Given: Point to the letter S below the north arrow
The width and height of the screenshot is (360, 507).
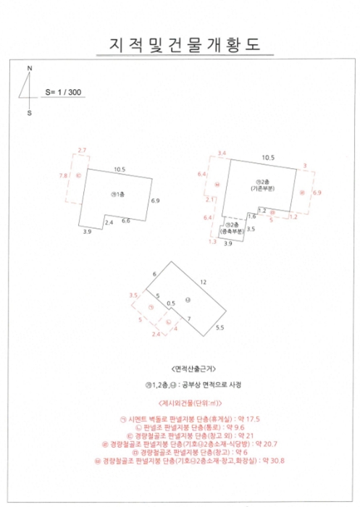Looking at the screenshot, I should point(29,113).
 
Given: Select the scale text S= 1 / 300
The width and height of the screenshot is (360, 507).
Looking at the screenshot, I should point(62,92).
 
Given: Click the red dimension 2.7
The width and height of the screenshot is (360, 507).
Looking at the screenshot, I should point(81,150).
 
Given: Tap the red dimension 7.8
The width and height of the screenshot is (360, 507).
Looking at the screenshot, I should point(63,175).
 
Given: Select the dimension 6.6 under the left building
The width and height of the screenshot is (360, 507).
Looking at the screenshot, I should point(125,220).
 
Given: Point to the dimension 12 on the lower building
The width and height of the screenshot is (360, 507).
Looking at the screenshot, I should point(204,281).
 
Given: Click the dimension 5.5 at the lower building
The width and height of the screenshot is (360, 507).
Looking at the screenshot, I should point(220,328).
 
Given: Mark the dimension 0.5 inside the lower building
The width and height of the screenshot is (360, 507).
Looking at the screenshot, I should point(171,303).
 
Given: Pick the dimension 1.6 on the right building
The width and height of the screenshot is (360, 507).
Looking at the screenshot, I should point(251,216).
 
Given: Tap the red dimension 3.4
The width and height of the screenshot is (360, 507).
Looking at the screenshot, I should point(222,153).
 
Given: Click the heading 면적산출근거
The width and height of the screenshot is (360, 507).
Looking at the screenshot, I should point(180,367).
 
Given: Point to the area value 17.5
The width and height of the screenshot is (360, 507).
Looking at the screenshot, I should point(253,419).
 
